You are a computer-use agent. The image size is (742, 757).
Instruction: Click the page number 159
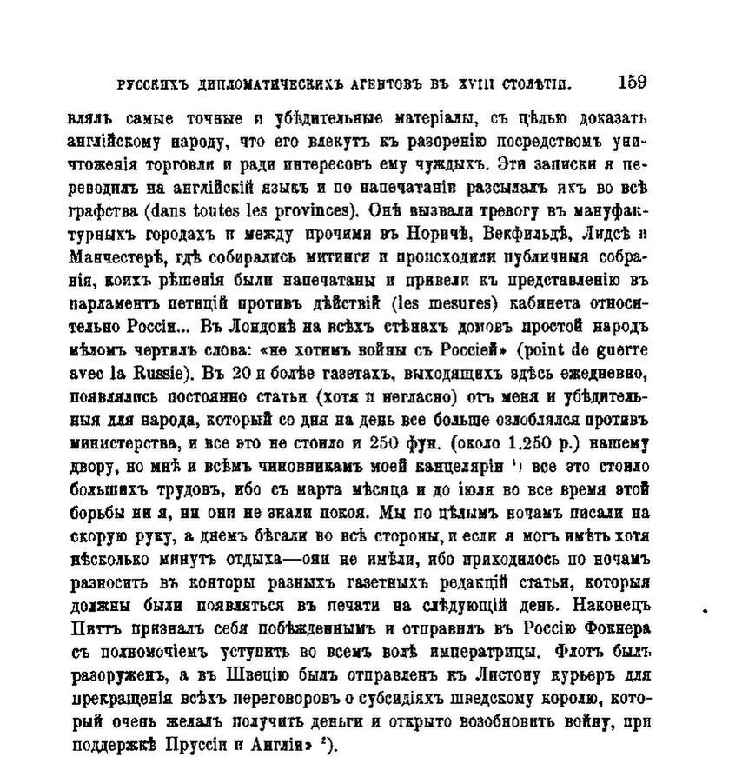point(632,83)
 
